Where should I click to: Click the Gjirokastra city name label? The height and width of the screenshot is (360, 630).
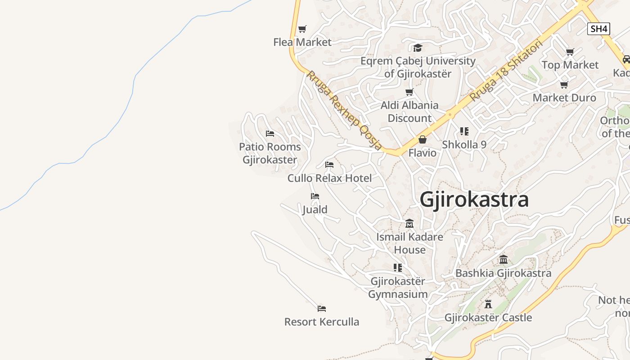pyautogui.click(x=474, y=200)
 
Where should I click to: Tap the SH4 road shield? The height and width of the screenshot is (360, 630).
pyautogui.click(x=598, y=29)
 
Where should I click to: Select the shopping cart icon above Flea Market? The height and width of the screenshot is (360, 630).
pyautogui.click(x=302, y=29)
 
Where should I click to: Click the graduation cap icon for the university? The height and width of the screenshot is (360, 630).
pyautogui.click(x=418, y=48)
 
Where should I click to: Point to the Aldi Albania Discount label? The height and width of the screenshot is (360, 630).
pyautogui.click(x=409, y=112)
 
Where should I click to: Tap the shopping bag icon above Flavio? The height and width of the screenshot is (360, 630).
pyautogui.click(x=422, y=140)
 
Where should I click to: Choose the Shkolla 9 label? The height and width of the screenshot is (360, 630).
pyautogui.click(x=464, y=144)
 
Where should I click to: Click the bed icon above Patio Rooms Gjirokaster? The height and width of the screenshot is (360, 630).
pyautogui.click(x=270, y=134)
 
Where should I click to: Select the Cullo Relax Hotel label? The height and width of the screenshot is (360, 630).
pyautogui.click(x=330, y=178)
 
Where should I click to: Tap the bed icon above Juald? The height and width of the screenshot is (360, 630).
pyautogui.click(x=315, y=196)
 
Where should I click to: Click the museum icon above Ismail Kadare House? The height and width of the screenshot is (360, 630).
pyautogui.click(x=409, y=223)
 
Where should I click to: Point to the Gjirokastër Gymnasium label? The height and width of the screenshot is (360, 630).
pyautogui.click(x=398, y=288)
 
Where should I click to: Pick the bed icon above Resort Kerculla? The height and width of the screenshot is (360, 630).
pyautogui.click(x=321, y=309)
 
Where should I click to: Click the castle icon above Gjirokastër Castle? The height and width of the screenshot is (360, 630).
pyautogui.click(x=488, y=304)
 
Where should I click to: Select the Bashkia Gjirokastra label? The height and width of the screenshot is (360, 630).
pyautogui.click(x=503, y=273)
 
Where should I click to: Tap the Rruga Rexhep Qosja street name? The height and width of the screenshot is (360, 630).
pyautogui.click(x=344, y=110)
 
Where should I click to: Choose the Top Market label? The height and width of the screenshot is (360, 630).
pyautogui.click(x=570, y=65)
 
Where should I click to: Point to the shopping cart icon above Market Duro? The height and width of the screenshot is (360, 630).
pyautogui.click(x=564, y=85)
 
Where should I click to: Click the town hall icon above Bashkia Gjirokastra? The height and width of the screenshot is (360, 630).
pyautogui.click(x=504, y=260)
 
